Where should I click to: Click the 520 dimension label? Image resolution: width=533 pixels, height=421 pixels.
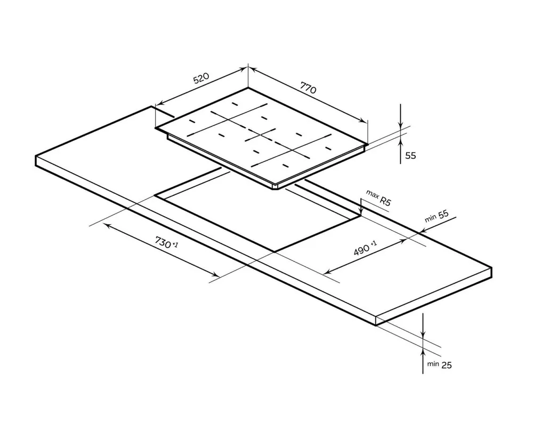tap(201, 78)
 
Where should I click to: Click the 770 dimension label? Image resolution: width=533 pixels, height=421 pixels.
tap(308, 88)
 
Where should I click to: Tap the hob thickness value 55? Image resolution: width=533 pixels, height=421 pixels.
tap(410, 155)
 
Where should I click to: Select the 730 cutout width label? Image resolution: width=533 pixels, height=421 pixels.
tap(163, 242)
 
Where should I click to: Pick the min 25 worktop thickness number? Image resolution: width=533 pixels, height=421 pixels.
tap(447, 365)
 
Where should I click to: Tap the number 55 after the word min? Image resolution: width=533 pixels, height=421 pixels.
tap(443, 215)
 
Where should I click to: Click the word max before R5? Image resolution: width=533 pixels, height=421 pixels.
tap(372, 194)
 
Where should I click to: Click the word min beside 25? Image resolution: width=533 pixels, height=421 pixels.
tap(433, 364)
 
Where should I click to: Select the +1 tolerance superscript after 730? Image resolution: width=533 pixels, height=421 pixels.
tap(175, 244)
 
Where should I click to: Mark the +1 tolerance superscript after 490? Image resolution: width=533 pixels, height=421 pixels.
tap(374, 243)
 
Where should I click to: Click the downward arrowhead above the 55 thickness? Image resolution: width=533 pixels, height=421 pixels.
tap(401, 125)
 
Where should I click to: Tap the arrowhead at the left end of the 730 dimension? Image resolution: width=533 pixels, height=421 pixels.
tap(107, 225)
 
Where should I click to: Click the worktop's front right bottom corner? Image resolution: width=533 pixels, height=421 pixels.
tap(376, 325)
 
